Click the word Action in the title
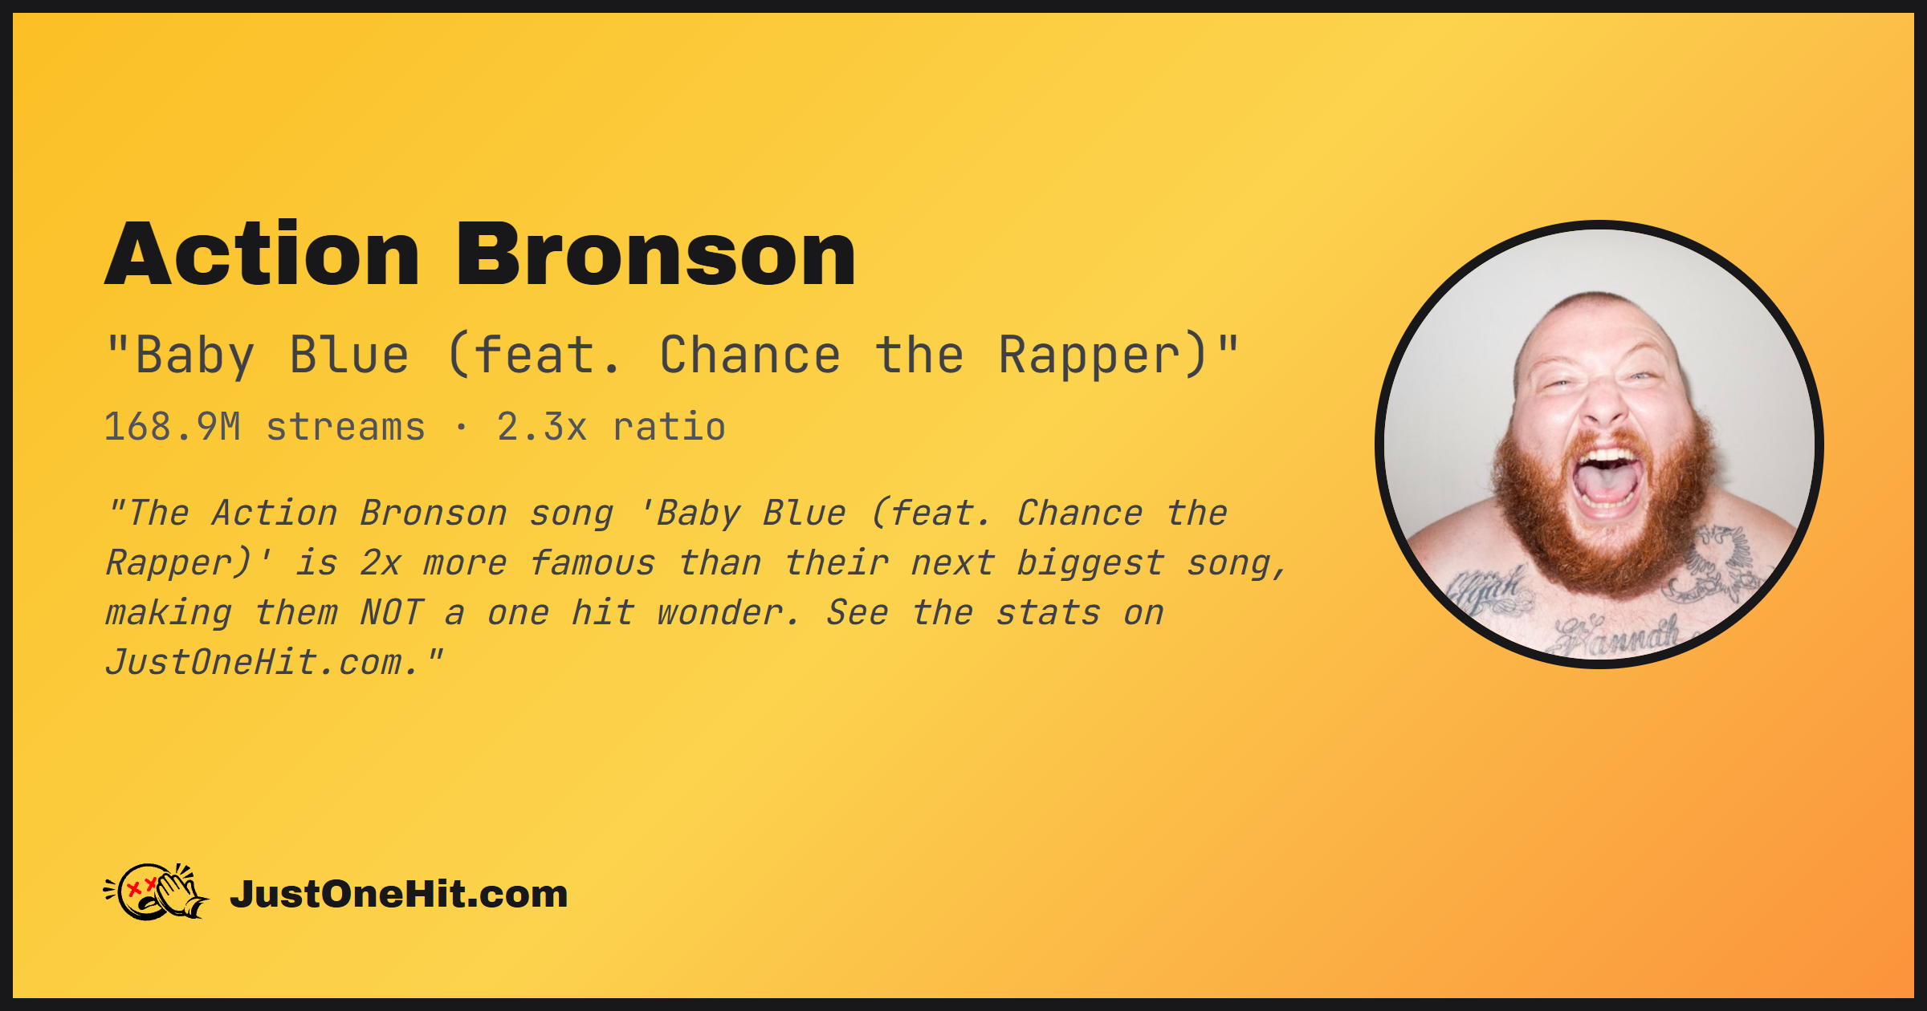[x=263, y=254]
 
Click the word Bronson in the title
[x=656, y=254]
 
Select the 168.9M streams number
[x=173, y=427]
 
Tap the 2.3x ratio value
[x=543, y=427]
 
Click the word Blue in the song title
[x=349, y=355]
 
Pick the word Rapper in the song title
[x=1102, y=355]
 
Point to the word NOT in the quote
[x=391, y=612]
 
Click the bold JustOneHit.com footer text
[x=399, y=894]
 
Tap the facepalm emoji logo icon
[x=157, y=891]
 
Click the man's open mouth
[x=1605, y=481]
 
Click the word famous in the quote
[x=593, y=562]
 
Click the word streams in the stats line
[x=345, y=428]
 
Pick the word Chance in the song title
[x=750, y=355]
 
